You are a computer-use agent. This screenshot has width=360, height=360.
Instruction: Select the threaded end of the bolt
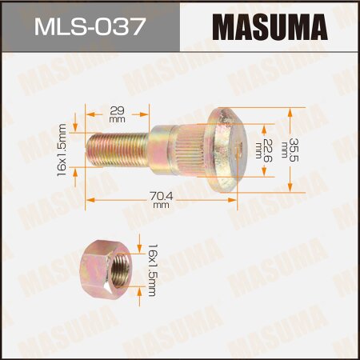[x=112, y=150]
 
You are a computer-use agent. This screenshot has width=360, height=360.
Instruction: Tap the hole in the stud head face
[x=235, y=147]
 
